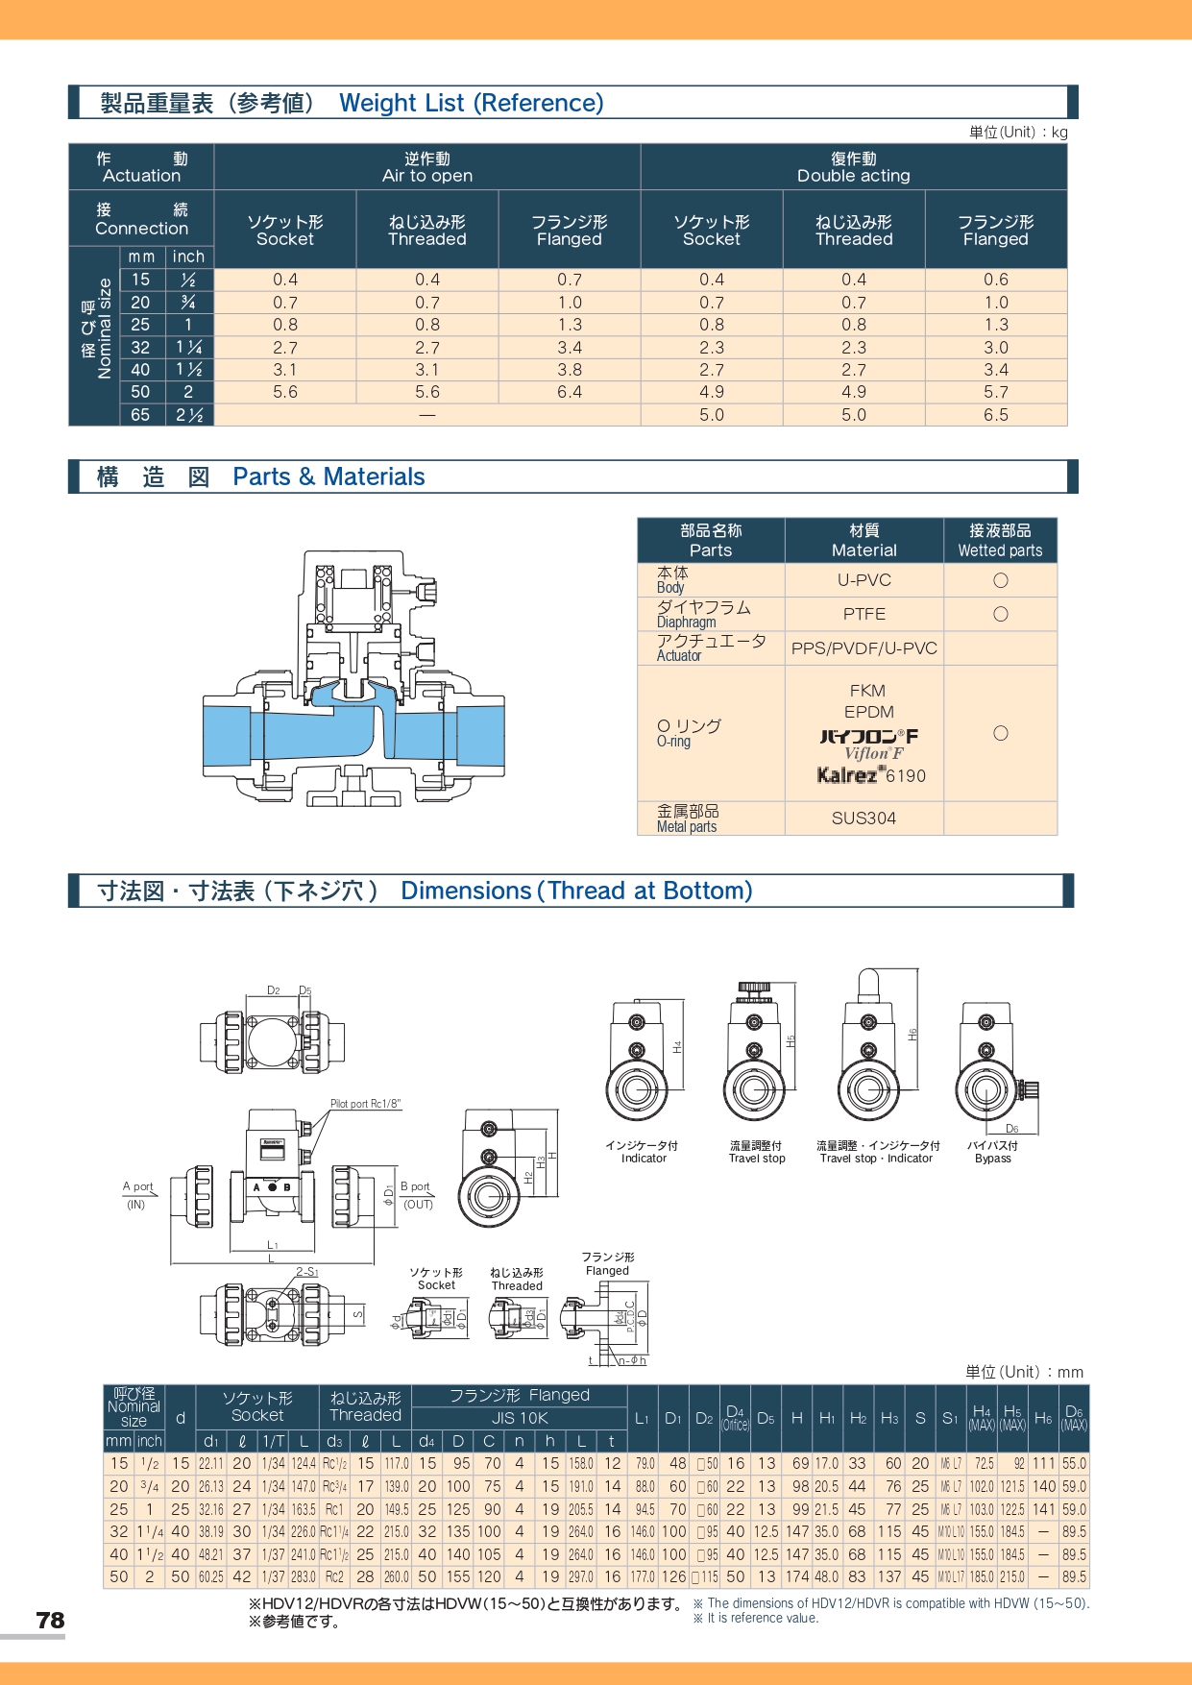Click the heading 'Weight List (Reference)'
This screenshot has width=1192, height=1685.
tap(471, 103)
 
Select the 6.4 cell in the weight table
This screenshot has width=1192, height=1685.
tap(570, 392)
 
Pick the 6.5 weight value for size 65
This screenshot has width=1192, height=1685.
tap(996, 415)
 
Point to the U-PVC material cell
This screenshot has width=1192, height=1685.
tap(864, 580)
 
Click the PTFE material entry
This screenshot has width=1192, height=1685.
tap(864, 614)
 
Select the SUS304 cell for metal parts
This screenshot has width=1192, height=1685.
tap(864, 818)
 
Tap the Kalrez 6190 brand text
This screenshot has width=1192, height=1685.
tap(871, 775)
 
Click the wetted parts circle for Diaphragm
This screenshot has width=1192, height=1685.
tap(1000, 614)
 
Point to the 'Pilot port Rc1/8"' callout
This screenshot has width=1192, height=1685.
tap(365, 1104)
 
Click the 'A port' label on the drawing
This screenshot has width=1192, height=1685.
tap(137, 1187)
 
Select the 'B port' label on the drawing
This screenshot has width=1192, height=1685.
tap(415, 1187)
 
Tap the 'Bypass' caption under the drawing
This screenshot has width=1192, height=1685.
tap(992, 1159)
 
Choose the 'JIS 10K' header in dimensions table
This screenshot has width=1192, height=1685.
tap(520, 1418)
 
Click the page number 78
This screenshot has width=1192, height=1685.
tap(50, 1621)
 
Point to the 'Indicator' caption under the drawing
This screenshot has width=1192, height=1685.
tap(644, 1159)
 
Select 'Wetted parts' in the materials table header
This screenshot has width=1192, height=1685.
tap(1000, 550)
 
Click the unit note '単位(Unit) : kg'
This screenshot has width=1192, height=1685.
tap(1017, 133)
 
